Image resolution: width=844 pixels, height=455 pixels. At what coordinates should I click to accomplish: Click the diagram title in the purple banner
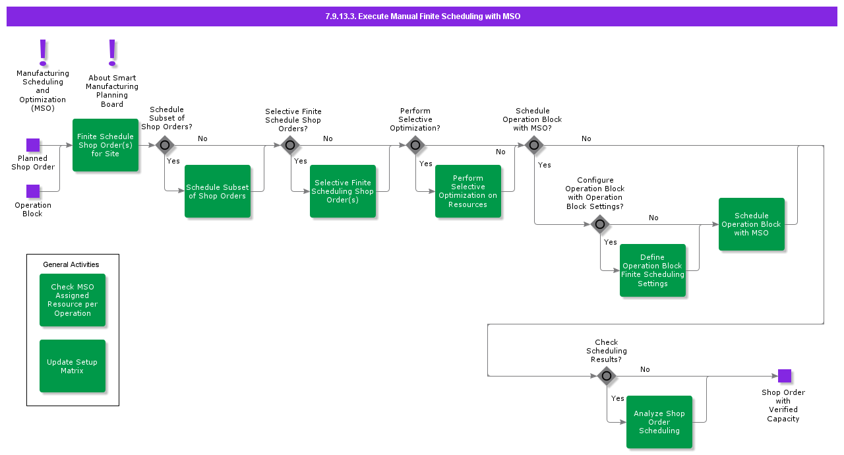point(422,16)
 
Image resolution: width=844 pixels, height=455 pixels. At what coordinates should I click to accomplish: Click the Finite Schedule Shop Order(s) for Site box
point(105,145)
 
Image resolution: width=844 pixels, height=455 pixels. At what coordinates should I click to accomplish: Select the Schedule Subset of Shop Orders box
point(218,191)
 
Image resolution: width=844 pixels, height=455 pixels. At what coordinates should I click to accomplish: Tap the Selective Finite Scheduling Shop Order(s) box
point(343,191)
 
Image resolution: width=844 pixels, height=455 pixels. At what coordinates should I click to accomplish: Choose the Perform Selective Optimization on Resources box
point(468,191)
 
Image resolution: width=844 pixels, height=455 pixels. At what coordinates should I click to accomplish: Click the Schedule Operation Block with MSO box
point(752,224)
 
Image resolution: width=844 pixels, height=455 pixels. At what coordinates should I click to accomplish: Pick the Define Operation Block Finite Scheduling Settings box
point(653,270)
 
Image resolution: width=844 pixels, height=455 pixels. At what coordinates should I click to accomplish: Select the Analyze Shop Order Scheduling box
point(659,422)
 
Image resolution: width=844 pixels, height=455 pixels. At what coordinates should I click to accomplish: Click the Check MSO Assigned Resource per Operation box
point(73,300)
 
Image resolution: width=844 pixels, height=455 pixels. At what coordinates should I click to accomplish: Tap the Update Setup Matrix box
point(73,366)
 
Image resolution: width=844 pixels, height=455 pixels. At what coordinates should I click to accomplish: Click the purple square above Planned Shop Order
point(33,145)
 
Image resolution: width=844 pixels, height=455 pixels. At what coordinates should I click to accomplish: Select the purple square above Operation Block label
point(33,191)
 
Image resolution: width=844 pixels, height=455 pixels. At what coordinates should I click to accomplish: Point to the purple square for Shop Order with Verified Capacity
point(784,376)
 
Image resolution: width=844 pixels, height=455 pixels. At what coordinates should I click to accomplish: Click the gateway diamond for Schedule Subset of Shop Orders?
point(165,145)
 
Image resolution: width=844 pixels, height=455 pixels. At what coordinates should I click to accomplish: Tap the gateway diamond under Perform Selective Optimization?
point(415,145)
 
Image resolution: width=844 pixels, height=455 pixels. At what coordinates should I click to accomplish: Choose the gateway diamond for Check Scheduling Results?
point(607,376)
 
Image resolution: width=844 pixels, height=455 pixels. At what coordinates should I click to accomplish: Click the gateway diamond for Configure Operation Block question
point(599,224)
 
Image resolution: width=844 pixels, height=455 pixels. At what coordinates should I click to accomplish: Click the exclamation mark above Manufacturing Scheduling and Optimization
point(43,51)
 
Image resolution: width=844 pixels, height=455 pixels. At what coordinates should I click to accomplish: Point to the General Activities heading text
point(71,264)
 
